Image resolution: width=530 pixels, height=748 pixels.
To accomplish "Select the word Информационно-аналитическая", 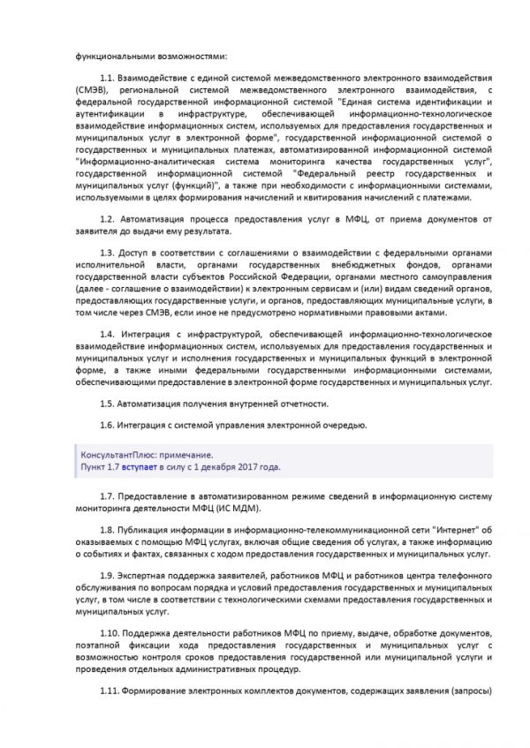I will (x=132, y=161).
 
